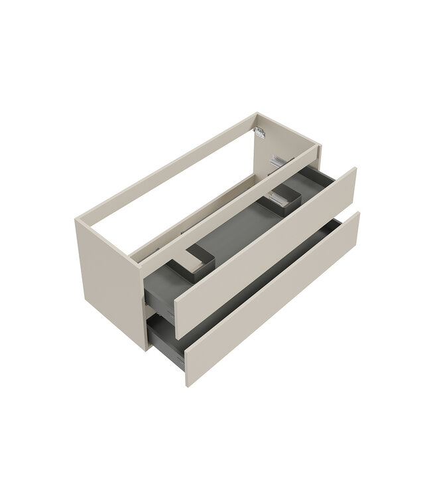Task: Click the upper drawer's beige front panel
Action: [265, 252]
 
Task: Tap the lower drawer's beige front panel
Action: [272, 299]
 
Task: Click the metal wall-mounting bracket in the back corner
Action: [260, 132]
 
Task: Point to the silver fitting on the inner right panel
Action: [277, 161]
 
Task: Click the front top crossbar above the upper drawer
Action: [225, 206]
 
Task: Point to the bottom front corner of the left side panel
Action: [145, 349]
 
